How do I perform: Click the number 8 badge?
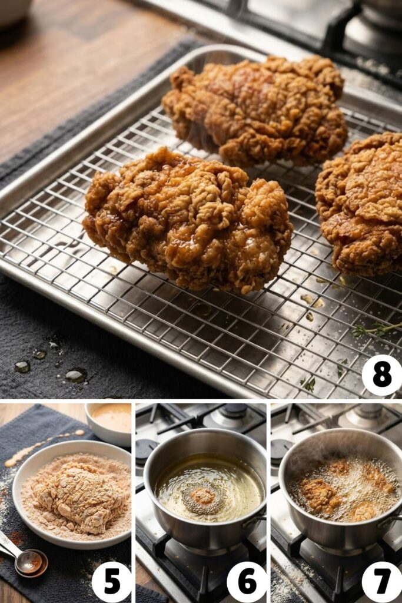point(381,375)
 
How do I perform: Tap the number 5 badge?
point(111,582)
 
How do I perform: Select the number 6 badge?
point(247,582)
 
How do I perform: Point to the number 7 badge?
point(381,582)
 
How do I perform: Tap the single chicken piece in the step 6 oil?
point(203,498)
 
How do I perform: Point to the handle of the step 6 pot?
point(254,521)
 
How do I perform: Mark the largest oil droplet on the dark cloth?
point(76,375)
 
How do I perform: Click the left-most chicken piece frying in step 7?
point(318,495)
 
